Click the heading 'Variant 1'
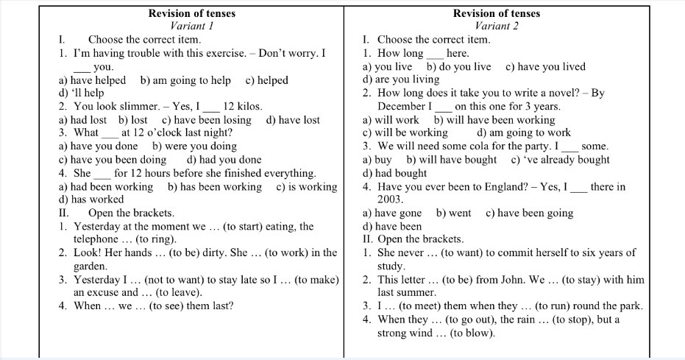[191, 26]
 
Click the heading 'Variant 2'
[497, 26]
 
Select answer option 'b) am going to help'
[185, 80]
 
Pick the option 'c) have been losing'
[207, 120]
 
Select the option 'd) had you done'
[224, 160]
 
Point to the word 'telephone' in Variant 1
[96, 239]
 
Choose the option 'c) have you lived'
[545, 66]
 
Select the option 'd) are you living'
[401, 80]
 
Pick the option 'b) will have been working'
[494, 120]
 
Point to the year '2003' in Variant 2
[390, 200]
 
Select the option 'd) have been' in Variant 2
[392, 227]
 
